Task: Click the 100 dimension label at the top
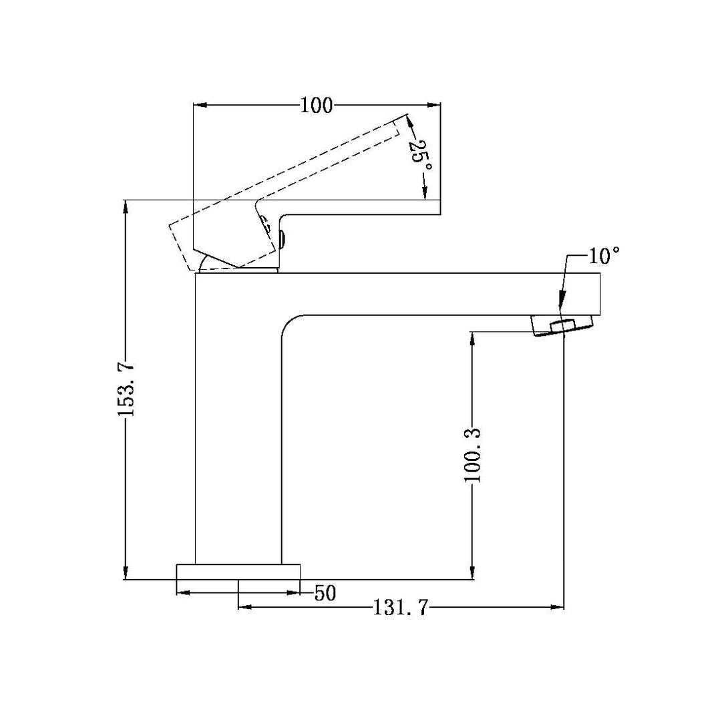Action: (316, 105)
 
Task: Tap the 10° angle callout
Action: (604, 255)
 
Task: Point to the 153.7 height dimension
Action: (126, 389)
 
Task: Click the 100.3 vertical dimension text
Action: (473, 456)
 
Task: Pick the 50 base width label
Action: (325, 593)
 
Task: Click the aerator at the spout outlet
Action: (562, 326)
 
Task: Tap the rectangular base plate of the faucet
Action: (238, 572)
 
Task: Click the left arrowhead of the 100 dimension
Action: (199, 105)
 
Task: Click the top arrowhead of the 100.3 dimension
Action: (473, 338)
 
